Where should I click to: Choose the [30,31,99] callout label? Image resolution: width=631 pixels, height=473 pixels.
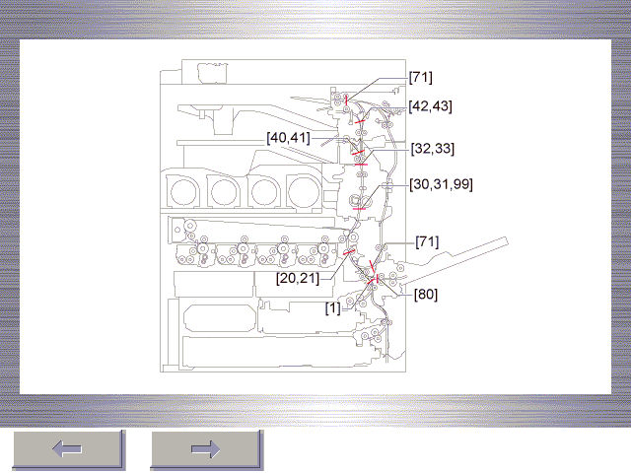click(x=441, y=184)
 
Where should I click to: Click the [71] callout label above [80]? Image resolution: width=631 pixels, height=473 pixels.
click(x=427, y=242)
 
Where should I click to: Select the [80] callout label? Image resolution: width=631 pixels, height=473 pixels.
click(x=426, y=295)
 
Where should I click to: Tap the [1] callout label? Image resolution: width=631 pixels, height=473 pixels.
click(x=333, y=308)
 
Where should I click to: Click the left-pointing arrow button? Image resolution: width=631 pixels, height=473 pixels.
click(x=68, y=449)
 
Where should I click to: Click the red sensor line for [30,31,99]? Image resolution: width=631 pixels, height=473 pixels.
click(x=359, y=209)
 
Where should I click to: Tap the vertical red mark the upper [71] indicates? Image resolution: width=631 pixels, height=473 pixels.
click(x=346, y=101)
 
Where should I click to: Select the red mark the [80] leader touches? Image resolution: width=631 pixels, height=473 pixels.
click(x=377, y=279)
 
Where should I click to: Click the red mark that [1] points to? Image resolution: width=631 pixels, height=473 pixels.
click(x=371, y=281)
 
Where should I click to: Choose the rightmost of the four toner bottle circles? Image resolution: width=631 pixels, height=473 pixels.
click(x=304, y=192)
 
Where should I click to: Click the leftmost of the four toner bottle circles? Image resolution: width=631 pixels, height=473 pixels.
click(x=183, y=192)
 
